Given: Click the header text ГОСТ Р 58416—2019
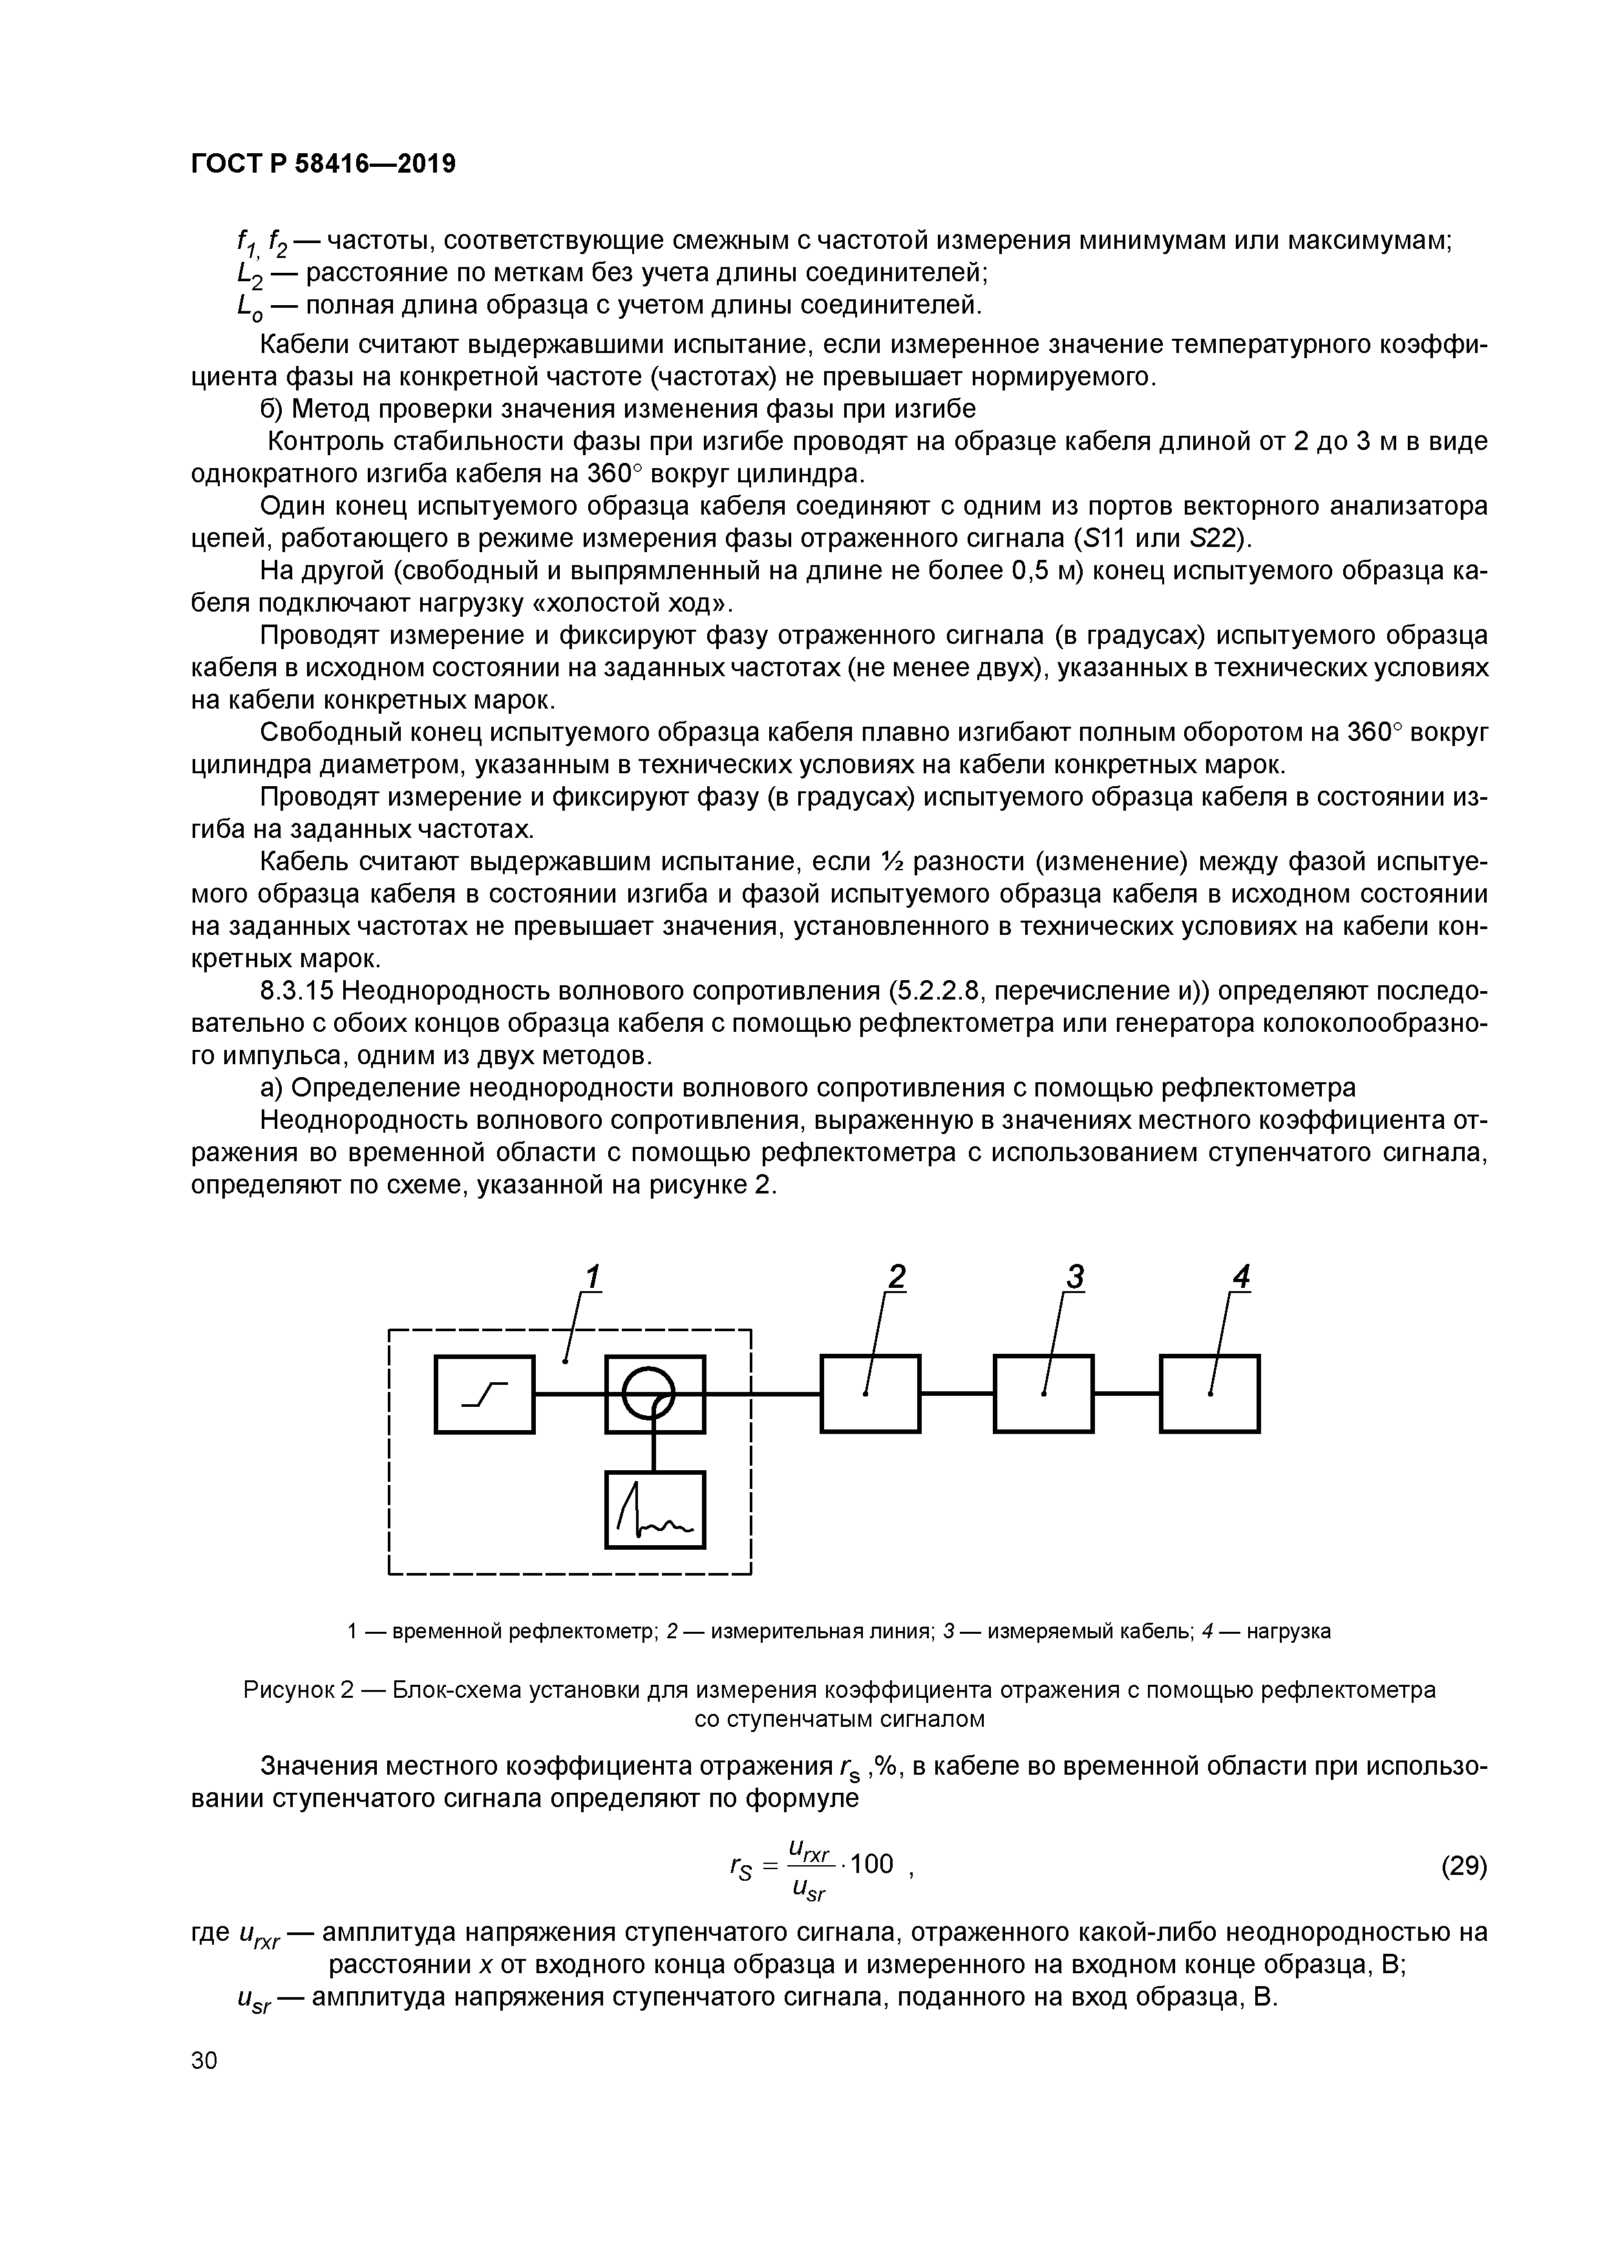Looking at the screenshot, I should (x=323, y=164).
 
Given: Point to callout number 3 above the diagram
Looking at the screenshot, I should (x=1075, y=1278).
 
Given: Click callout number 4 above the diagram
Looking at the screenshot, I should (x=1242, y=1278).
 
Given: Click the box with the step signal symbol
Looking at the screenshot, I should (x=484, y=1394).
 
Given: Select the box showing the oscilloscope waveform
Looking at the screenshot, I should (x=655, y=1510).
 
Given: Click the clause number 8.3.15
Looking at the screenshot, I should (x=296, y=990).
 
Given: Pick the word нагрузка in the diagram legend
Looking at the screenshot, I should (x=1288, y=1631).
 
